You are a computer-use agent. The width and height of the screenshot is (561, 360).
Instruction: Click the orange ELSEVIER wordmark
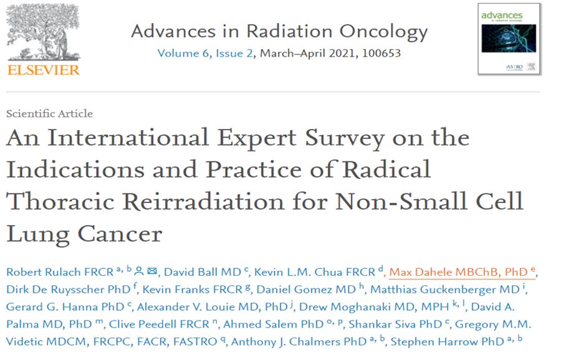pyautogui.click(x=44, y=70)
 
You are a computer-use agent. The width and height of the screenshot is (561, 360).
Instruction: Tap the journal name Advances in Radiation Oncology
pyautogui.click(x=279, y=31)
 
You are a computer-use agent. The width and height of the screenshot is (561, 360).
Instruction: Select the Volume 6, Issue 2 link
pyautogui.click(x=205, y=53)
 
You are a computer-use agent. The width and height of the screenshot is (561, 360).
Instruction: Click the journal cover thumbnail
pyautogui.click(x=509, y=39)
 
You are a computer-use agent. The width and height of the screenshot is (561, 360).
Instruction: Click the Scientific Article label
pyautogui.click(x=49, y=113)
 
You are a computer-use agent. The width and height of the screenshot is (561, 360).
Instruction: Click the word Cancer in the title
pyautogui.click(x=120, y=234)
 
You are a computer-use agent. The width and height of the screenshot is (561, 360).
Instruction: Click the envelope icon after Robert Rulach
pyautogui.click(x=152, y=272)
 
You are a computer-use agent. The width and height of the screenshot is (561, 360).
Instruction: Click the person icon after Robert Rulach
pyautogui.click(x=140, y=272)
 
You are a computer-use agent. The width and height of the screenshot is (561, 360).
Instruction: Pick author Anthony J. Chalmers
pyautogui.click(x=281, y=342)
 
